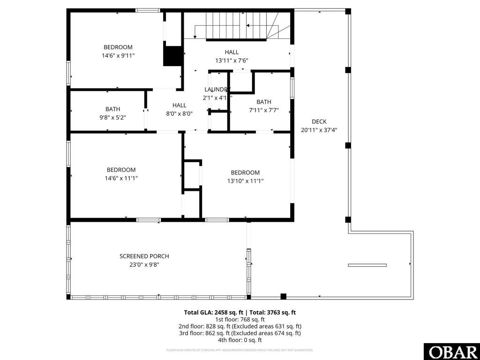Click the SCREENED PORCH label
point(144,256)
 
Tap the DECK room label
point(319,122)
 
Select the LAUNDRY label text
point(217,90)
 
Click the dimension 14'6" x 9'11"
point(118,55)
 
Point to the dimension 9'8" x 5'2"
point(112,118)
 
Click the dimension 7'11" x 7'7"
point(263,111)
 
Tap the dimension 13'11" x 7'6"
point(232,60)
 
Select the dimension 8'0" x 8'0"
point(179,113)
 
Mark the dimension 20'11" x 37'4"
point(319,130)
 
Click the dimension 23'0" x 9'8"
point(144,264)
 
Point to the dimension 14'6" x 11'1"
point(121,178)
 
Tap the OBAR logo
point(451,352)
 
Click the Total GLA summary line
point(240,312)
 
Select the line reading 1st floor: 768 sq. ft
point(240,319)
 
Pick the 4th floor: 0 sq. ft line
point(240,340)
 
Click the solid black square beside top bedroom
point(172,56)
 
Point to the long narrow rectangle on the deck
point(367,265)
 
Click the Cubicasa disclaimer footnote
point(240,350)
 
